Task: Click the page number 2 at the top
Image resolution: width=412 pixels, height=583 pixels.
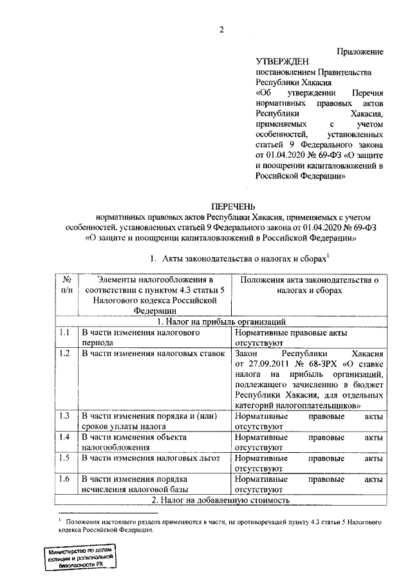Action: click(221, 29)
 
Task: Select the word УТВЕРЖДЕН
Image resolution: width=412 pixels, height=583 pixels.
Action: click(280, 62)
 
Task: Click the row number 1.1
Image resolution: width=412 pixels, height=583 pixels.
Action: click(64, 333)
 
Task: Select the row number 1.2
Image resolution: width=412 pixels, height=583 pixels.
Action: click(64, 354)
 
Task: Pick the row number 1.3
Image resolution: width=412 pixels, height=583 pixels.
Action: click(64, 416)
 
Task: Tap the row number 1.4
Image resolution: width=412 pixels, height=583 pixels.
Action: click(64, 437)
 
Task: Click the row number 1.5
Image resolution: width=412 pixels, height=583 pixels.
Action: click(64, 458)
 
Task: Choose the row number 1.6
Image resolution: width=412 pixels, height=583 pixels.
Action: click(64, 479)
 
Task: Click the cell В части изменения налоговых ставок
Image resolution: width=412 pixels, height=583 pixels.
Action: click(152, 354)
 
